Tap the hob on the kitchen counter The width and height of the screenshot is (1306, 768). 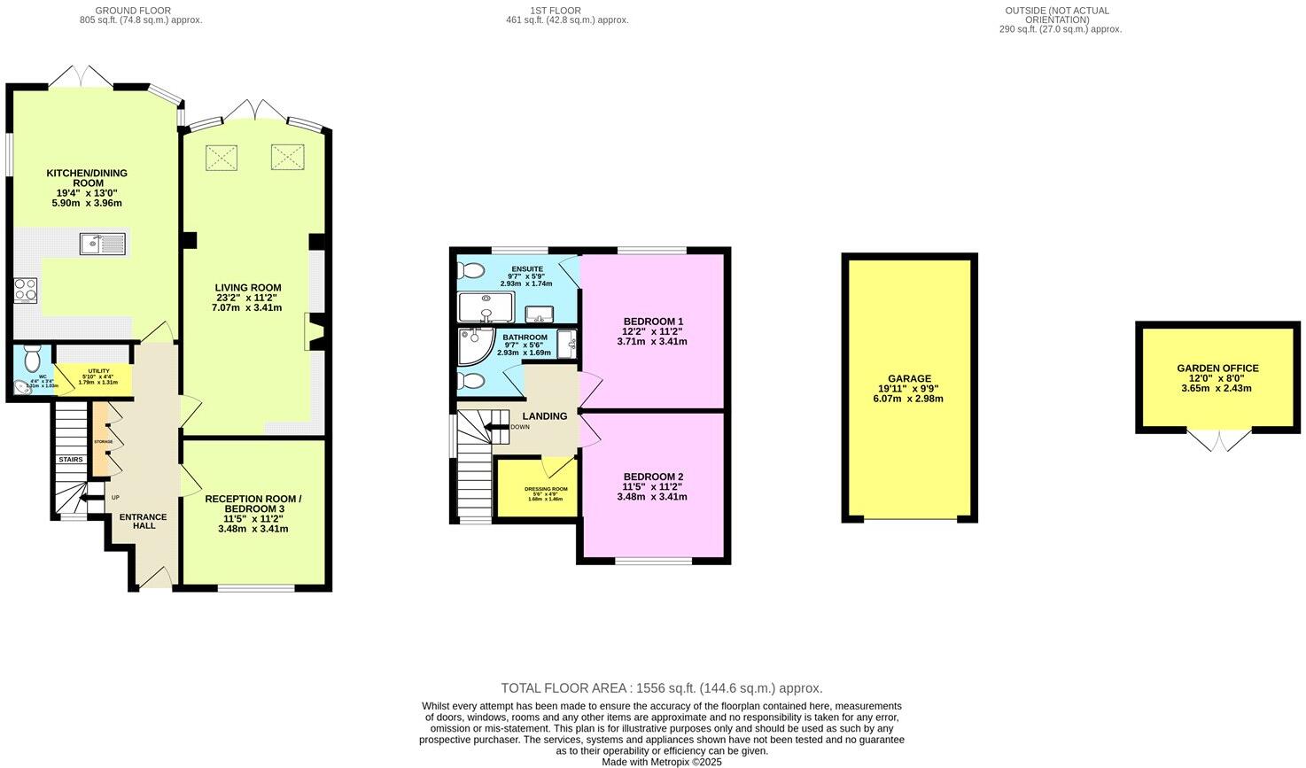26,290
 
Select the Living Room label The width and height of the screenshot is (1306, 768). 247,287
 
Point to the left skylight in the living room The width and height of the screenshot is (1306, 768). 222,158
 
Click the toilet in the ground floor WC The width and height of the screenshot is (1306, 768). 33,358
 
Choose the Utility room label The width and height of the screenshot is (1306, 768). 97,371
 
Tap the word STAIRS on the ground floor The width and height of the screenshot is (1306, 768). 70,460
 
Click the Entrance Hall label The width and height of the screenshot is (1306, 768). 144,521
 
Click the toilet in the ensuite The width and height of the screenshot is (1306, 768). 467,270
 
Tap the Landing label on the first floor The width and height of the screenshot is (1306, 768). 544,416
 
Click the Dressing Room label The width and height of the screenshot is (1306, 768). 546,489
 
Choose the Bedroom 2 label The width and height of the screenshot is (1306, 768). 652,477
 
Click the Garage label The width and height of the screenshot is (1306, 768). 909,378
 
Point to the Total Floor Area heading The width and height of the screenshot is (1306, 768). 661,688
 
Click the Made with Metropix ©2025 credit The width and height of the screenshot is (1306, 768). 661,762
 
